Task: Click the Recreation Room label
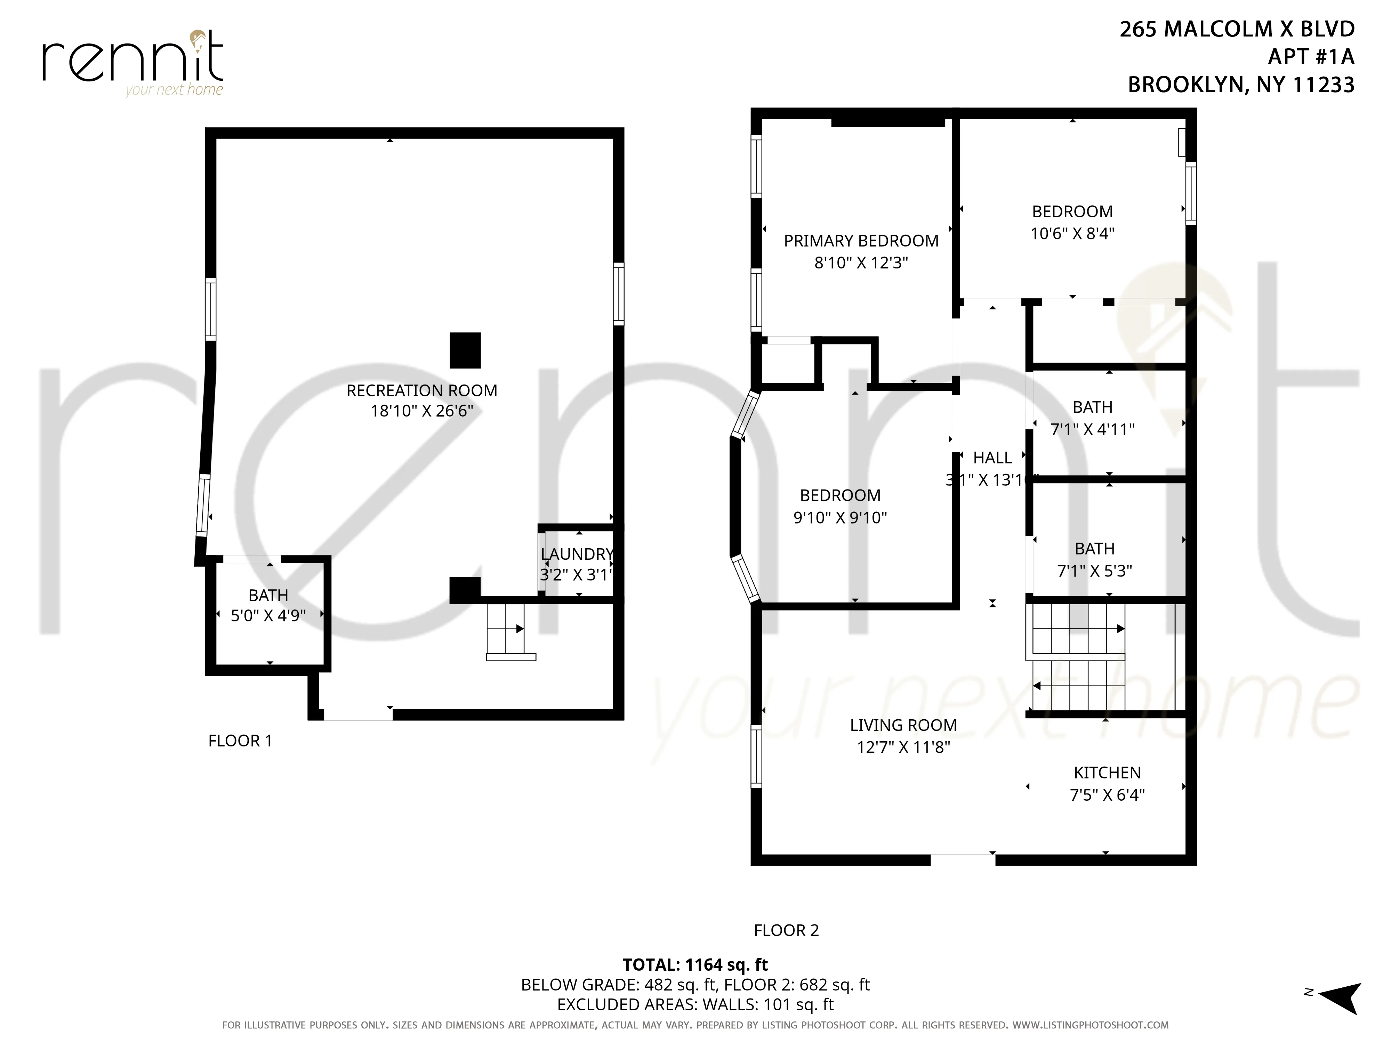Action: pos(421,390)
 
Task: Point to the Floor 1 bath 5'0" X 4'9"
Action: pos(268,605)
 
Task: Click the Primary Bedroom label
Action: pos(861,241)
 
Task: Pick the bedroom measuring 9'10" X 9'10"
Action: pos(840,506)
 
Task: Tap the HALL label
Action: pos(992,458)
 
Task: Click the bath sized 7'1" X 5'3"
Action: pos(1094,559)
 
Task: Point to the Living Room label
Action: pos(903,725)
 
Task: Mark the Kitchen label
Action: pos(1107,773)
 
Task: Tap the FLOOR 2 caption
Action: pos(786,930)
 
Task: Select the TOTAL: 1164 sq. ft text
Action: pos(695,964)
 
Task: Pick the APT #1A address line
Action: pos(1311,57)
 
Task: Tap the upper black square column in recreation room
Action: pos(465,350)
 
